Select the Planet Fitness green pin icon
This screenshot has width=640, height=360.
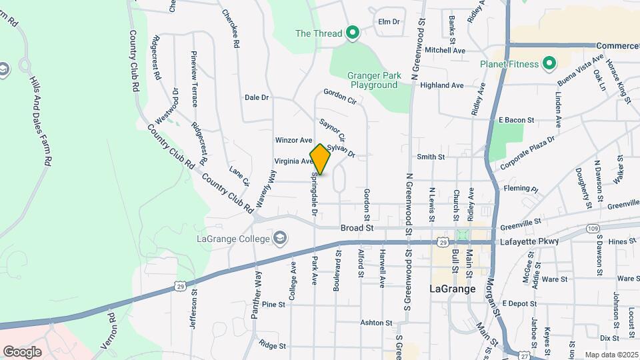click(x=549, y=64)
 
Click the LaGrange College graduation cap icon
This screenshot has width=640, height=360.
click(x=281, y=239)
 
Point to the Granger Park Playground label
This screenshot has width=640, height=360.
click(x=374, y=80)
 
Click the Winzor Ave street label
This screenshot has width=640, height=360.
click(x=293, y=141)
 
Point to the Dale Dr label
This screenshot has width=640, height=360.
click(x=257, y=97)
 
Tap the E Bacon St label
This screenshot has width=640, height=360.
click(x=517, y=120)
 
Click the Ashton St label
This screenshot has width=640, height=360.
click(x=373, y=323)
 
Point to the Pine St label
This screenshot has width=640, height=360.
click(x=273, y=304)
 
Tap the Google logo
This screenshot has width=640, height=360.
click(x=22, y=351)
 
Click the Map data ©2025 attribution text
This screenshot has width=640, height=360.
click(x=611, y=355)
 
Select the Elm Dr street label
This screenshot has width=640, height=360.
click(x=388, y=21)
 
